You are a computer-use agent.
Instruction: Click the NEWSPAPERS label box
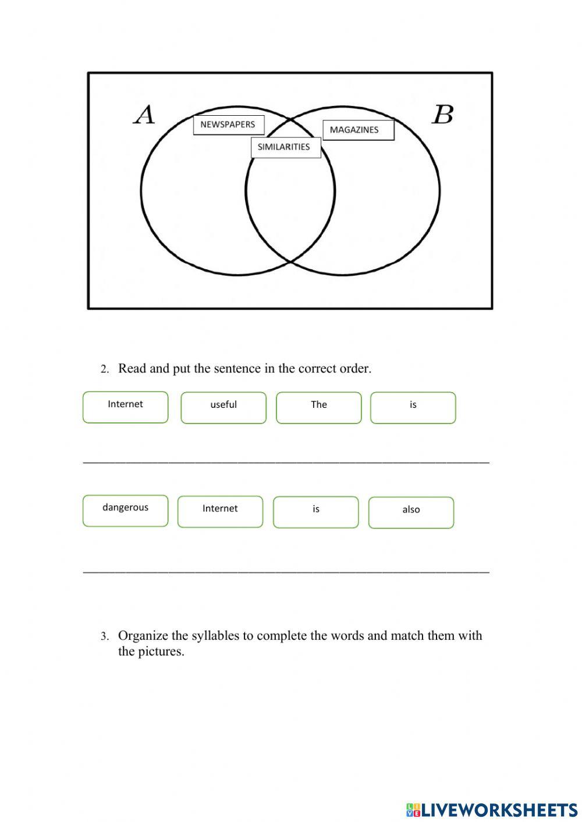click(x=228, y=124)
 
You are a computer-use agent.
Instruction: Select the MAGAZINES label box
click(x=358, y=130)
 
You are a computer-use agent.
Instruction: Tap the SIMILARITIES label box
click(x=285, y=147)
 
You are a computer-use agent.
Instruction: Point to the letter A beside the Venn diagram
click(x=144, y=115)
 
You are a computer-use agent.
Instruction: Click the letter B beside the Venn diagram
click(x=442, y=115)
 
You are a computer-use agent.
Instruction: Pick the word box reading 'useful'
click(x=223, y=407)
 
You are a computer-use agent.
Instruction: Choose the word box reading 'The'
click(x=318, y=407)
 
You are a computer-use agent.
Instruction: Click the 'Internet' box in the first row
click(x=125, y=407)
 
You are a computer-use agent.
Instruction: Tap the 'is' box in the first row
click(x=413, y=407)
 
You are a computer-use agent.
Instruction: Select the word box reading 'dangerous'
click(x=125, y=510)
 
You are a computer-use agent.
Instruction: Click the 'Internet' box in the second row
click(x=220, y=511)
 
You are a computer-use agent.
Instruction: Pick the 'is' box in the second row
click(x=315, y=512)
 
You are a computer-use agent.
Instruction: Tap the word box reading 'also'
click(x=411, y=512)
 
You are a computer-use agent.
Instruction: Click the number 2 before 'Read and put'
click(x=104, y=369)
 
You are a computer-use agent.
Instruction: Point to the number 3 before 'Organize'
click(x=104, y=636)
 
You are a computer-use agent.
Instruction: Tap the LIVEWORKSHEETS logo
click(x=491, y=809)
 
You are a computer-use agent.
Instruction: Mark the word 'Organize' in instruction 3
click(x=143, y=636)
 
